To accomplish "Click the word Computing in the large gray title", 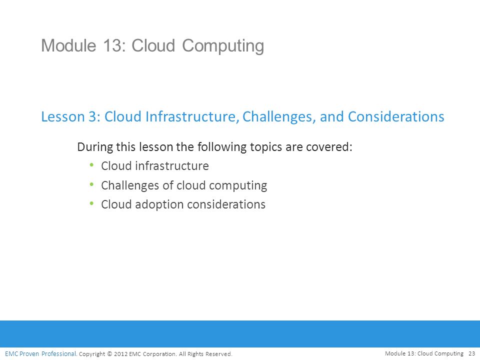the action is (223, 46).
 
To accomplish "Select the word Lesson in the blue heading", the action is (63, 116).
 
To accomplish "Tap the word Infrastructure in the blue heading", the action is (192, 116).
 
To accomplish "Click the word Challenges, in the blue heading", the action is (279, 117).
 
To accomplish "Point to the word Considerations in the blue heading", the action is (396, 116).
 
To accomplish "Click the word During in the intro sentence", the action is (94, 147).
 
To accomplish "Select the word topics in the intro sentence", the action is (266, 147).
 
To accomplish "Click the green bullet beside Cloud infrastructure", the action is (91, 165).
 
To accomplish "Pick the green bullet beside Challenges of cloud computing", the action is (91, 184).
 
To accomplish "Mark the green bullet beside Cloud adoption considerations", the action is (91, 203).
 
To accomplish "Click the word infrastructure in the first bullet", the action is (172, 166).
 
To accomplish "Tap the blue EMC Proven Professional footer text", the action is (40, 354).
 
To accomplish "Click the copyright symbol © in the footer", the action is (109, 354).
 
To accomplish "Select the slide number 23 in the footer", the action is (471, 353).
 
